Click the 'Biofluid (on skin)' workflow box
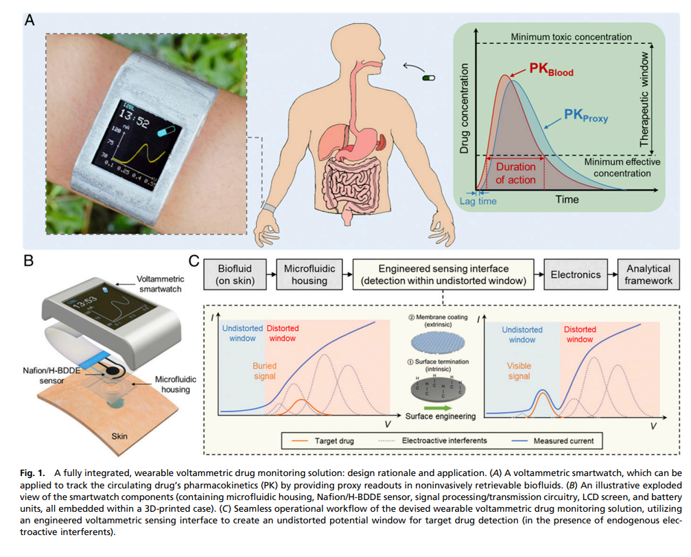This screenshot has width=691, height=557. click(x=235, y=275)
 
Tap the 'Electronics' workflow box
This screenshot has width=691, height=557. click(x=575, y=275)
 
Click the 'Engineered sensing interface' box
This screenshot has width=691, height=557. click(x=443, y=275)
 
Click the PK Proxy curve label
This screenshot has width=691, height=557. click(x=585, y=115)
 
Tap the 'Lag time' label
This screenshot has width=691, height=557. click(x=478, y=201)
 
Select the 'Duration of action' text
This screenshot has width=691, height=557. click(x=515, y=174)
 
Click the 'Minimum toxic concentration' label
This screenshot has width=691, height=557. click(x=571, y=36)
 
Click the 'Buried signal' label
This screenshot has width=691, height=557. click(x=265, y=372)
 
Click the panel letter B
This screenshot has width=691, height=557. click(x=29, y=261)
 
